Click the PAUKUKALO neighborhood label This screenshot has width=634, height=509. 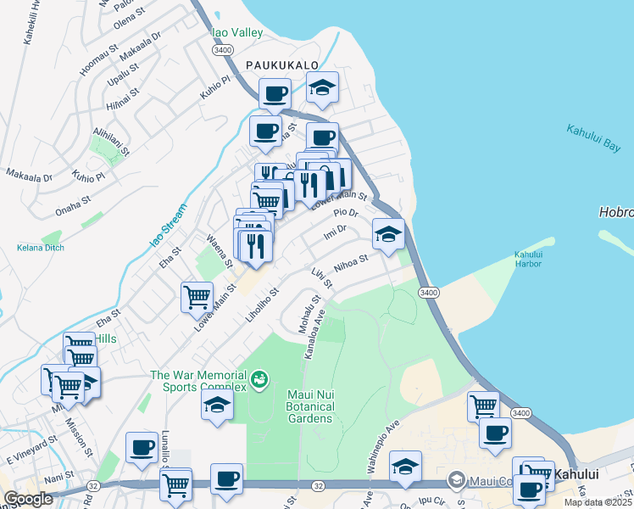[282, 65]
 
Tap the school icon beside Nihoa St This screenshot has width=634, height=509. [388, 235]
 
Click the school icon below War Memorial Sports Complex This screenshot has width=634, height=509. [217, 404]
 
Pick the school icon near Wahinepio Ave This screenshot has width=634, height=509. [405, 466]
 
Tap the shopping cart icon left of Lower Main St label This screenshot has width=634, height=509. [197, 298]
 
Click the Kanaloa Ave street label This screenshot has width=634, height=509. [314, 334]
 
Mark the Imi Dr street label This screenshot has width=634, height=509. [335, 231]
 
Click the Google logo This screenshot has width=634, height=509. [28, 499]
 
